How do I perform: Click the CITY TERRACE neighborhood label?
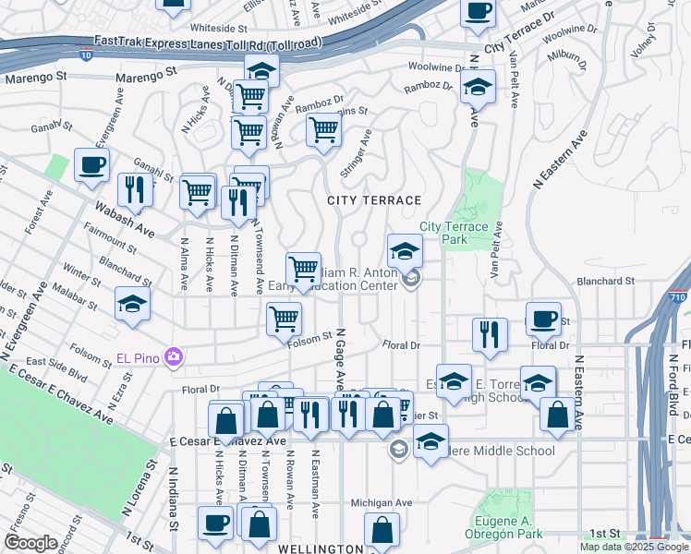[x=373, y=199]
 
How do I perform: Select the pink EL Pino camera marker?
[x=173, y=355]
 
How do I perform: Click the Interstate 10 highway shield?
[x=87, y=55]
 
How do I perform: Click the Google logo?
[x=30, y=543]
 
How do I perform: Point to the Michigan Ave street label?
[x=381, y=503]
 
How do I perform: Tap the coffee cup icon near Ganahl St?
[x=91, y=165]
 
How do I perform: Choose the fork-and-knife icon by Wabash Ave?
[x=136, y=189]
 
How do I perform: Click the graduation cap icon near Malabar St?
[x=132, y=304]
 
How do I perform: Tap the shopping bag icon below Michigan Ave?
[x=382, y=532]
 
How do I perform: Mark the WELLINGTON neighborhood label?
[x=309, y=548]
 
